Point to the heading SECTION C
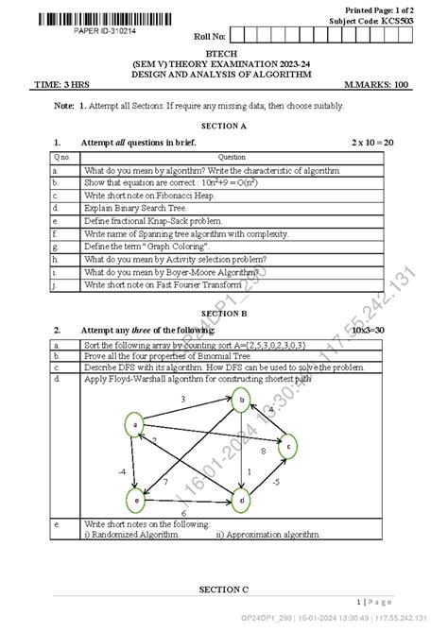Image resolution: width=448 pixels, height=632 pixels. pyautogui.click(x=223, y=589)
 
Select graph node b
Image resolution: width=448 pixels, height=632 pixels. pyautogui.click(x=244, y=401)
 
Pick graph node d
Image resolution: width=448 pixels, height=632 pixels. pyautogui.click(x=243, y=498)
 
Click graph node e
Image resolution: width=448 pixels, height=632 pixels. pyautogui.click(x=138, y=498)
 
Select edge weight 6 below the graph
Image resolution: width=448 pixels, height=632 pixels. pyautogui.click(x=182, y=512)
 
